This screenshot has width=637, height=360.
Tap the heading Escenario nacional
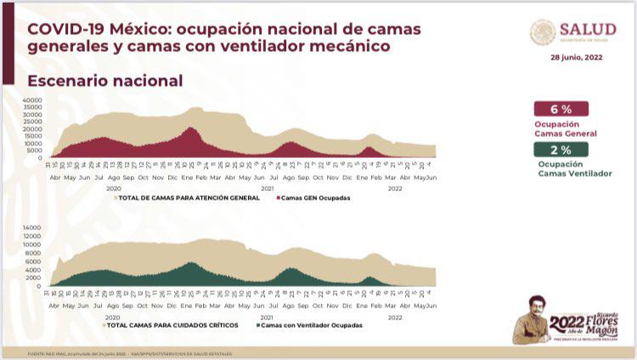[105, 81]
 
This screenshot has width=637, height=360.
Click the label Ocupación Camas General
[566, 129]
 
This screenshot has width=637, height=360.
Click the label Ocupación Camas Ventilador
[574, 168]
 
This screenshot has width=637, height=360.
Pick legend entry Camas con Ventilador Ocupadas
[312, 325]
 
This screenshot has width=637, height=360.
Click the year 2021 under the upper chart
[268, 188]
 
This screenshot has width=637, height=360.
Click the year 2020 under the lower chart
[113, 315]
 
